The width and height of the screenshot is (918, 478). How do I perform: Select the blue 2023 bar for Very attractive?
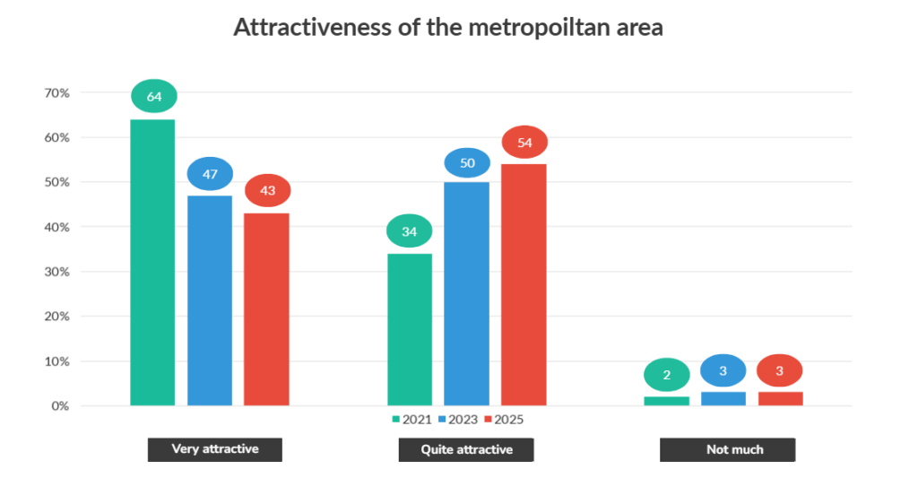click(210, 300)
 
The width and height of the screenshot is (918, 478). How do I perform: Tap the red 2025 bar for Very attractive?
click(267, 309)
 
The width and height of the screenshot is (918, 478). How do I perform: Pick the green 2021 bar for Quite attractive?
click(410, 329)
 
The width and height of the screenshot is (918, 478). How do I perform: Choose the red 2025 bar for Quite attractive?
click(524, 284)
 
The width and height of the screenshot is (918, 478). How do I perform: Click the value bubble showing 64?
click(154, 97)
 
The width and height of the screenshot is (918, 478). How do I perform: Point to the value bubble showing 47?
click(210, 174)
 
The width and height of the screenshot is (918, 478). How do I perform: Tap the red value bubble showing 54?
click(524, 143)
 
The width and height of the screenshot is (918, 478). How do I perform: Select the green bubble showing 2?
click(667, 375)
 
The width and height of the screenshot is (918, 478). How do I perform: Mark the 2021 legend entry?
click(411, 419)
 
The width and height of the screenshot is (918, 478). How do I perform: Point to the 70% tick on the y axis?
click(56, 93)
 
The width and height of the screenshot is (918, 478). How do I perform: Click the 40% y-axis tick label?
click(56, 227)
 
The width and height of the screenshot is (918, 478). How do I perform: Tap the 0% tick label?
click(59, 406)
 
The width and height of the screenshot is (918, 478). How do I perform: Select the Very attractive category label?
click(215, 449)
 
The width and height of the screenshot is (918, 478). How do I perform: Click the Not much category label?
click(728, 449)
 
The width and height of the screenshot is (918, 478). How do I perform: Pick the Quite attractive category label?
click(466, 449)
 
